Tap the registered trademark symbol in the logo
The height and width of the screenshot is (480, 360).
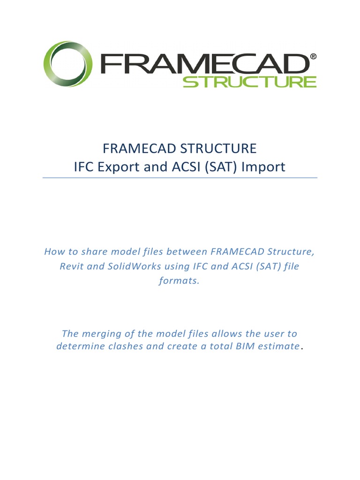(x=313, y=57)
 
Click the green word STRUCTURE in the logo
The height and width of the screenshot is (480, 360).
(x=249, y=82)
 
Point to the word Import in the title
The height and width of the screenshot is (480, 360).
(x=263, y=167)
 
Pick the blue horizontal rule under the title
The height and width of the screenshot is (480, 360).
(x=180, y=178)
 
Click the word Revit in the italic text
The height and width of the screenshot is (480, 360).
(x=71, y=267)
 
